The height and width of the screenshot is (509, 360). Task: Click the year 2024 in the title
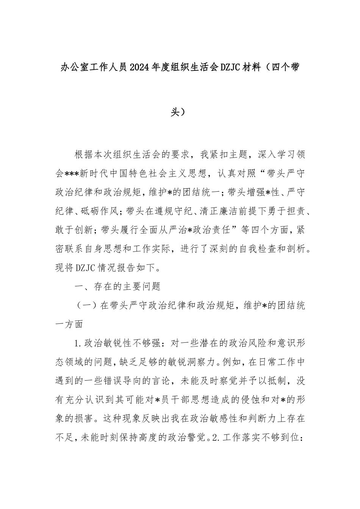(140, 68)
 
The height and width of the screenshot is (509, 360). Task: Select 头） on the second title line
(180, 101)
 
